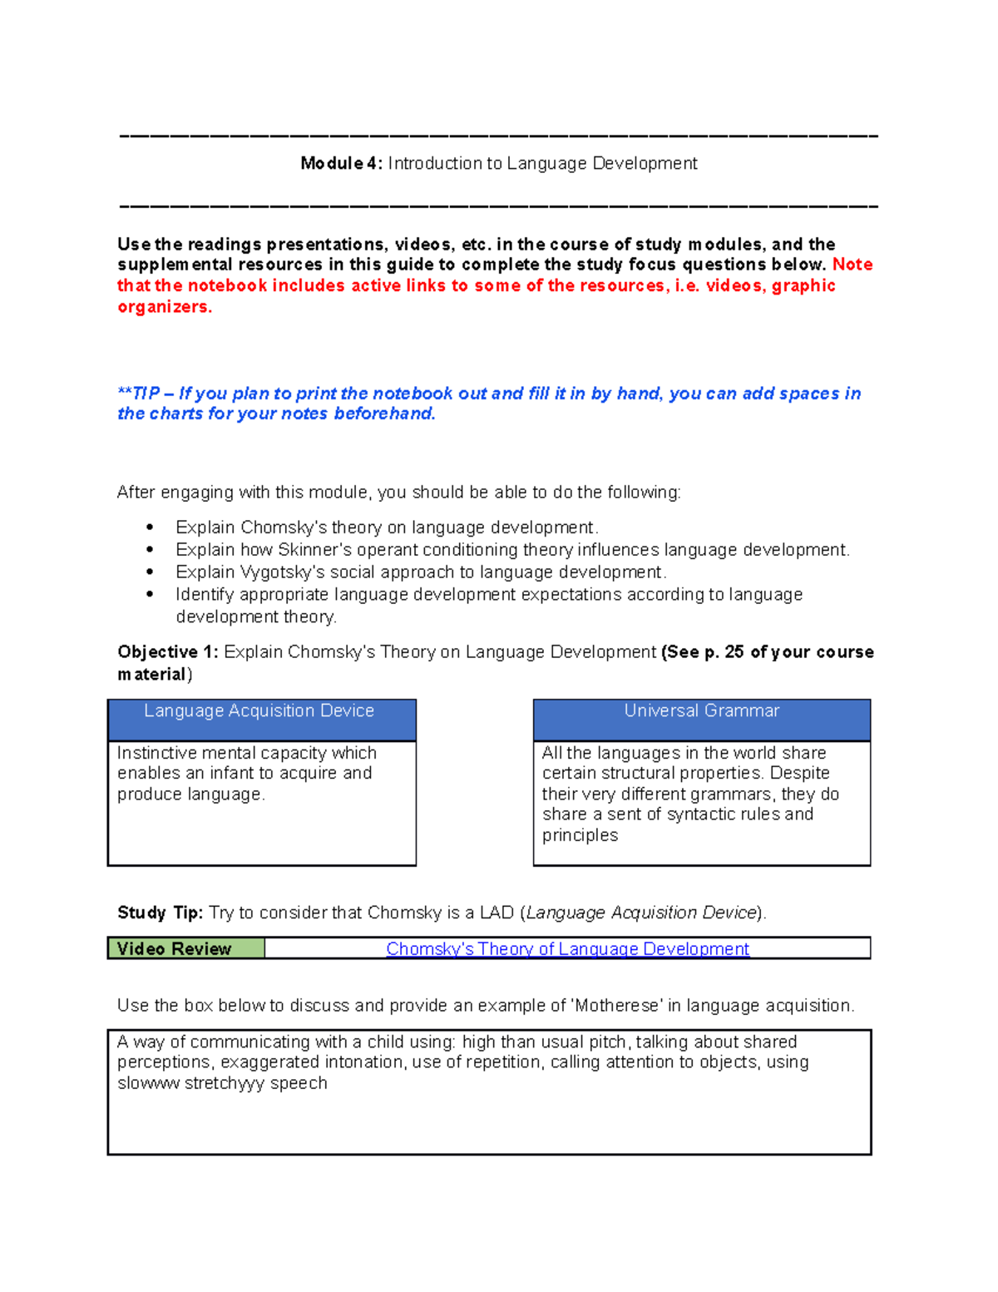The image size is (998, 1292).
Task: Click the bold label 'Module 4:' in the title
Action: click(341, 163)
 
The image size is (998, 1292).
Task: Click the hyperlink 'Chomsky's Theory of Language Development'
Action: click(567, 948)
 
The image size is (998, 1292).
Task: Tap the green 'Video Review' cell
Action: click(185, 948)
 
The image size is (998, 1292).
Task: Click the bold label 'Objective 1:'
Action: click(167, 652)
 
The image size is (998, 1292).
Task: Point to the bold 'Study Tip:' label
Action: click(160, 913)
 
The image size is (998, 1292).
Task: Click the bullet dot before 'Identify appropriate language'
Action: click(150, 594)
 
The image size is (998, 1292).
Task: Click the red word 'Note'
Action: click(852, 265)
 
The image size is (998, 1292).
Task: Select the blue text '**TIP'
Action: click(138, 394)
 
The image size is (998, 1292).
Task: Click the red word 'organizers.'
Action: click(165, 307)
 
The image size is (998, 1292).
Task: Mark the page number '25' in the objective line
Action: click(734, 652)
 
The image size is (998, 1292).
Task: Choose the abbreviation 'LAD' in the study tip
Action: click(496, 913)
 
